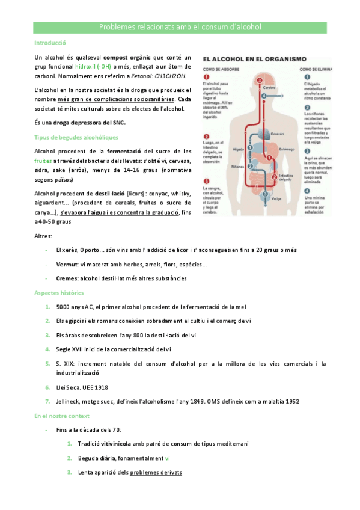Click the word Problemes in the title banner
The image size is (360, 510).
point(115,28)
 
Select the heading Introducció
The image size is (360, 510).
point(50,43)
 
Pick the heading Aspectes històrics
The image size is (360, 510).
point(59,292)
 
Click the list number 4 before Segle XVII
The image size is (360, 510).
point(47,349)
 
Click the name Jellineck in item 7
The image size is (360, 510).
point(69,401)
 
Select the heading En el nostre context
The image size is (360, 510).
point(62,416)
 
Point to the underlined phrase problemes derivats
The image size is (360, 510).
point(156,473)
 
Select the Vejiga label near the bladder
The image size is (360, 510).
point(276,198)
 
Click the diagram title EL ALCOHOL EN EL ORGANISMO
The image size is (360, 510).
point(255,60)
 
